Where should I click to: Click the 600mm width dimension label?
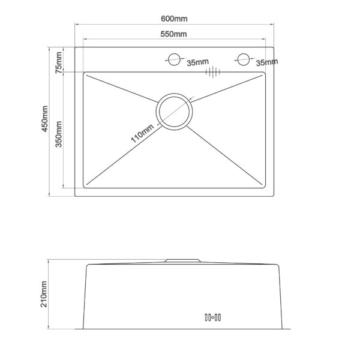point(174,19)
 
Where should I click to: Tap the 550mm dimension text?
point(173,34)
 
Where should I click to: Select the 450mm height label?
point(44,119)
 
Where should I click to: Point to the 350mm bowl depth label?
point(59,134)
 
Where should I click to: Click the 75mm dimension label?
point(59,62)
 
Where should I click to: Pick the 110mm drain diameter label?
point(142,133)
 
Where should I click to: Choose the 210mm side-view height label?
point(44,294)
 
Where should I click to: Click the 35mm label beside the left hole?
point(197,62)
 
